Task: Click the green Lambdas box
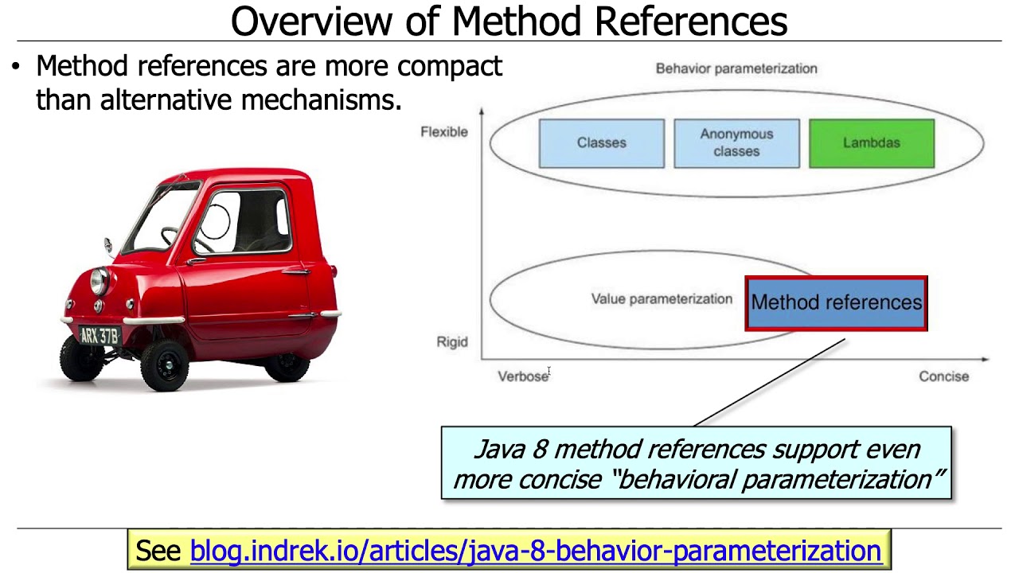(x=871, y=143)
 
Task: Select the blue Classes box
(x=601, y=143)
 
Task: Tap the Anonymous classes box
(x=736, y=143)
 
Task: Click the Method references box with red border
(x=836, y=302)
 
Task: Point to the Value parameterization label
(x=661, y=299)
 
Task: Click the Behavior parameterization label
(x=736, y=68)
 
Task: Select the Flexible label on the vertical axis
(x=443, y=132)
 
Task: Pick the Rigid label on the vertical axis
(x=451, y=342)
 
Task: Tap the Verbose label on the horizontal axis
(x=522, y=376)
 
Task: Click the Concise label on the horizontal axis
(x=943, y=376)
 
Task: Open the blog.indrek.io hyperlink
(x=535, y=551)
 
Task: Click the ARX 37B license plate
(x=100, y=336)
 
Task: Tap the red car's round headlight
(x=100, y=280)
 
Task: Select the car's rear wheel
(x=286, y=365)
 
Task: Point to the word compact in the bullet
(x=450, y=66)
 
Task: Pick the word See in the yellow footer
(x=159, y=551)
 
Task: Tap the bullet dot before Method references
(x=15, y=67)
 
